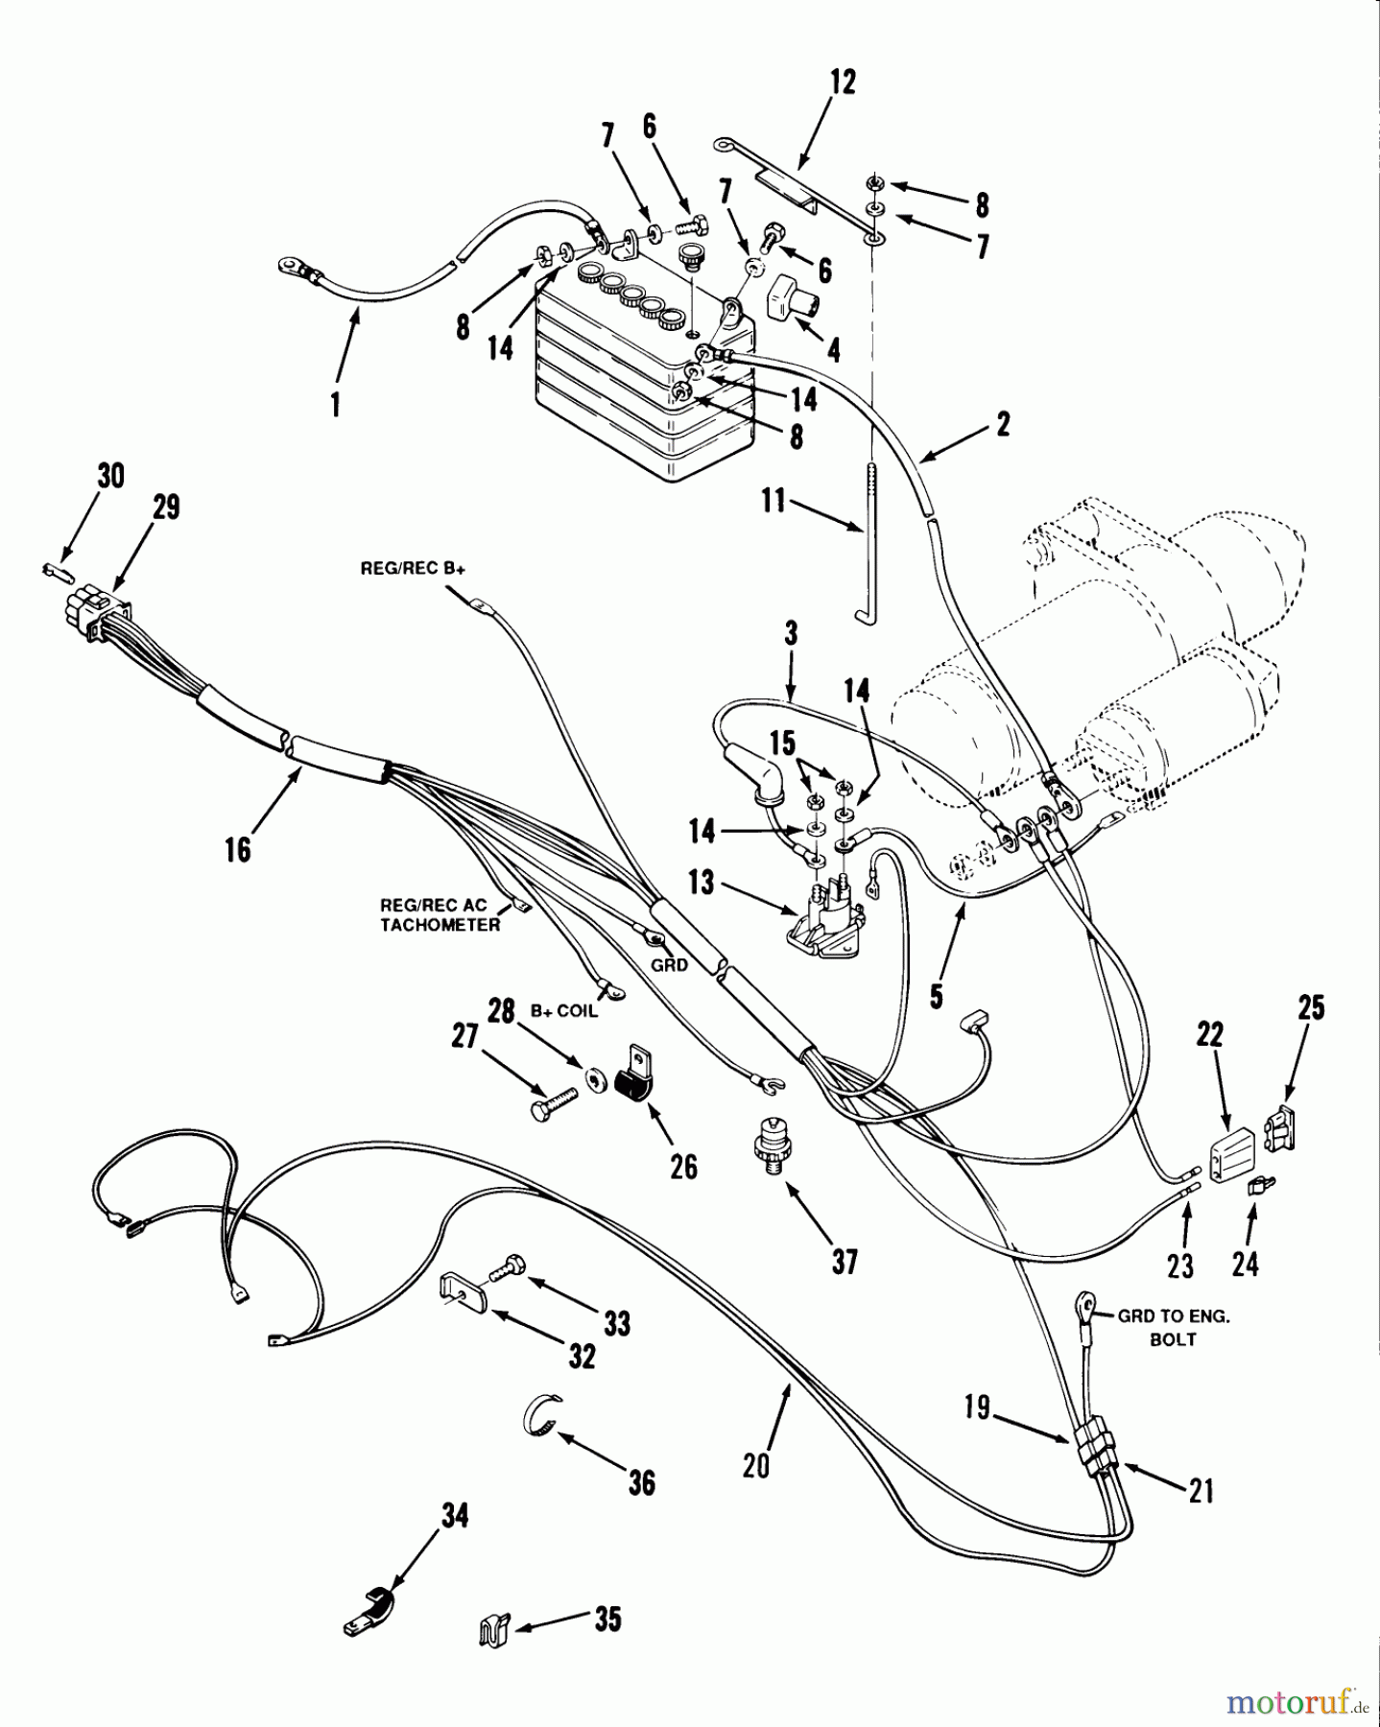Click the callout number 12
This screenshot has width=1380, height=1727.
pos(842,83)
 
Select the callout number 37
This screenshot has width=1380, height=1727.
pos(845,1262)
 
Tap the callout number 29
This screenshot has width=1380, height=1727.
pos(166,507)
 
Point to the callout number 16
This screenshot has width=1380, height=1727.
pos(238,849)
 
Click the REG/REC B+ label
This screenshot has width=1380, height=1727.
pos(413,568)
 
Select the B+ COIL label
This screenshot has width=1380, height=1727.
pos(564,1011)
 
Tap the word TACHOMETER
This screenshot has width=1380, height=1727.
pos(440,925)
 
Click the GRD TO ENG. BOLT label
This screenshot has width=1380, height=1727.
pos(1173,1327)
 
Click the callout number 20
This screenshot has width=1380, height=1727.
pos(756,1466)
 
